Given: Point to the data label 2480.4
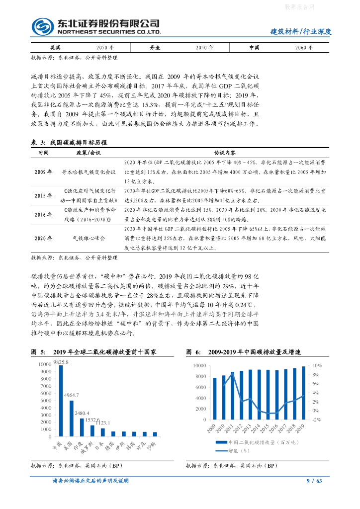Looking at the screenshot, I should (82, 413).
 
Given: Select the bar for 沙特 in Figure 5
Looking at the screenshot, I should (155, 434).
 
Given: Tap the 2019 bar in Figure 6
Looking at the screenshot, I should (303, 393).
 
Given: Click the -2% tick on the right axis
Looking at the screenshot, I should (316, 420).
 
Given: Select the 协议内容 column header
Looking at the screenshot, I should (224, 153).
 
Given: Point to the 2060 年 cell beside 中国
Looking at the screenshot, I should (303, 48).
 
